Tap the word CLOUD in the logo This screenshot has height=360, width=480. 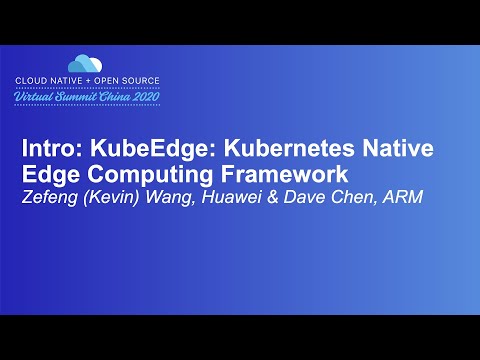pyautogui.click(x=34, y=79)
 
